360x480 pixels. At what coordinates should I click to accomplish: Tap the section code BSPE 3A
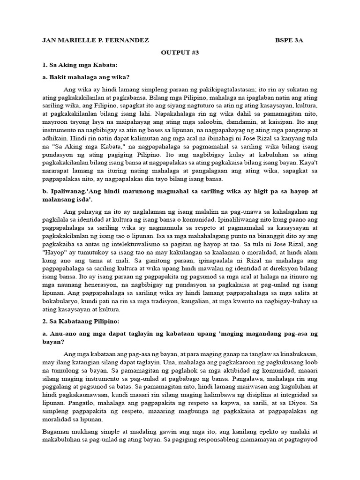point(289,40)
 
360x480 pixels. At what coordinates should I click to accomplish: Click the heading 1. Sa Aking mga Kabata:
point(80,65)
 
